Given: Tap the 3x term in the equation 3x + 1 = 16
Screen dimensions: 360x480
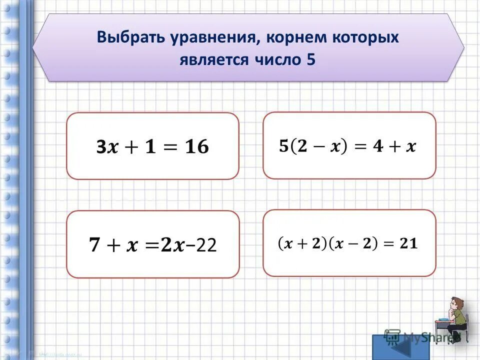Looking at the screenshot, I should [107, 147].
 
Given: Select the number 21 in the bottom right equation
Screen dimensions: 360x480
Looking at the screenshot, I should [408, 243].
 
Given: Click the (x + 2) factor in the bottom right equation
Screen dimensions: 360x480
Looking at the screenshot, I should [298, 243].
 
